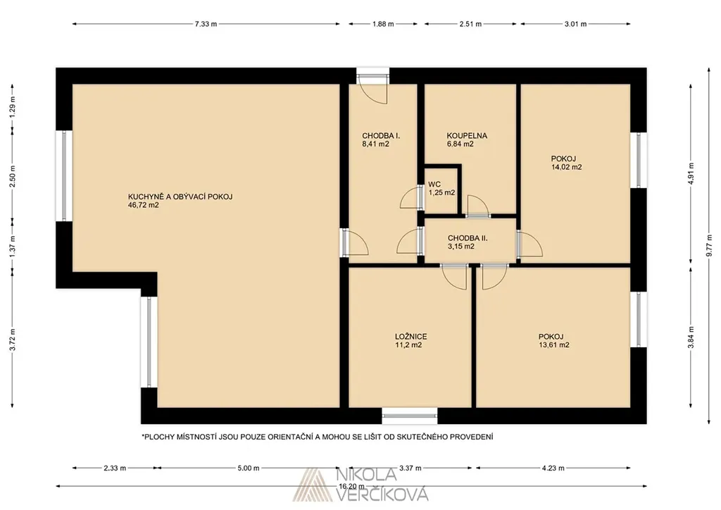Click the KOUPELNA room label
467,136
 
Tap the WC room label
434,185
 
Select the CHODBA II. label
468,238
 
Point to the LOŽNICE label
410,337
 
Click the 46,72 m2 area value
144,205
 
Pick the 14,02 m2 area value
567,168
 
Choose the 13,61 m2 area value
554,345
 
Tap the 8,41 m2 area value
376,144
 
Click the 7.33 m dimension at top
206,24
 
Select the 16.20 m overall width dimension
352,486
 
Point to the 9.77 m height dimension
710,246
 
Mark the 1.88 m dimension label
383,24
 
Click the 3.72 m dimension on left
13,340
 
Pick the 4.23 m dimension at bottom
553,468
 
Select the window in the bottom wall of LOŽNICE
410,416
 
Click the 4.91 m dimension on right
691,173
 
